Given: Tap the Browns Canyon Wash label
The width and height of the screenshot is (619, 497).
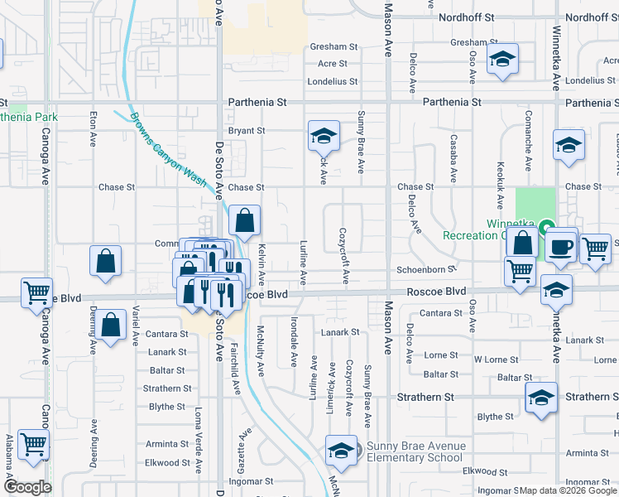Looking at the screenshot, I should point(169,154).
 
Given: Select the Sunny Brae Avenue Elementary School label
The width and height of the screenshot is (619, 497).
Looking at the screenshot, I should point(415,451).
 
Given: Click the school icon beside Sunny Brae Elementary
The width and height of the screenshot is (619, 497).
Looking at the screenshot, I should point(341,451).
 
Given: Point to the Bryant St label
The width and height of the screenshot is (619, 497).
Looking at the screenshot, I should point(246,131).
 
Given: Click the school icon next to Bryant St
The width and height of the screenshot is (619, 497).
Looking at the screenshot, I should point(324,135).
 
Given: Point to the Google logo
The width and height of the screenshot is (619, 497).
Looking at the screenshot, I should point(27,486).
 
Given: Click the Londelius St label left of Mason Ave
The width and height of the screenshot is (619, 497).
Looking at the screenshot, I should point(332,82).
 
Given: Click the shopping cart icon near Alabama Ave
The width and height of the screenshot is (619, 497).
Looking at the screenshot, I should point(33,444).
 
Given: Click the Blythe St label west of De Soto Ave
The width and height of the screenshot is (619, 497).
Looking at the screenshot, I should point(166,407).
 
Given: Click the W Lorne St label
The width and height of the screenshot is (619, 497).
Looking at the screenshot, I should point(496,360).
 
